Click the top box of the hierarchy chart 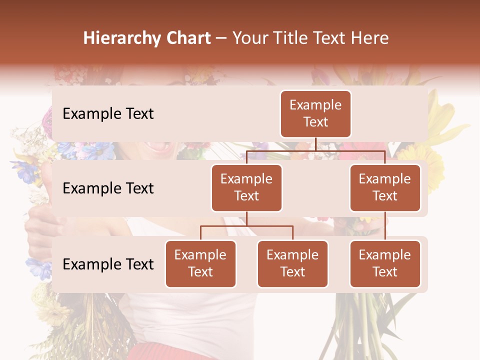click(x=315, y=113)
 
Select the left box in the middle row click(x=246, y=187)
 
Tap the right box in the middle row click(x=385, y=187)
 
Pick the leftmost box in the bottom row click(x=200, y=263)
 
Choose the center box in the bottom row click(x=292, y=263)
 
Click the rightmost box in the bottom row click(x=385, y=263)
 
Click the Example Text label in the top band click(x=108, y=114)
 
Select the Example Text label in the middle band click(x=108, y=188)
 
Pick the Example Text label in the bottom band click(x=108, y=264)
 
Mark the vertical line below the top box click(x=315, y=144)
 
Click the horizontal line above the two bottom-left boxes click(x=246, y=226)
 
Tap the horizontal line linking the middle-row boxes click(x=315, y=150)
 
